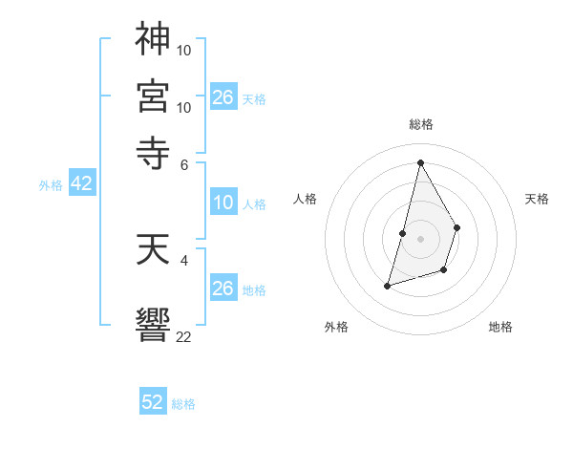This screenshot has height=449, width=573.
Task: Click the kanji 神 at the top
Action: click(153, 40)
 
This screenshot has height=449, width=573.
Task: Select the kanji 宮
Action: click(153, 96)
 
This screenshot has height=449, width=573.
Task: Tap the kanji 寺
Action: click(153, 151)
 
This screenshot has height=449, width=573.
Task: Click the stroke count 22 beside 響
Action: click(184, 335)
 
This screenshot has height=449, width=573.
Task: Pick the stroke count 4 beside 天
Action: click(184, 260)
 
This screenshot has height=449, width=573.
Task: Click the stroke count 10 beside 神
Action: click(184, 49)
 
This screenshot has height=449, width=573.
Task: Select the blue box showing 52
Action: click(153, 402)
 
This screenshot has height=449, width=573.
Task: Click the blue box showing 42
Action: click(81, 184)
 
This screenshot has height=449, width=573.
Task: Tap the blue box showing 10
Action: click(223, 203)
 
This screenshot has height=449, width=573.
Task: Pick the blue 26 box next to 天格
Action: click(223, 96)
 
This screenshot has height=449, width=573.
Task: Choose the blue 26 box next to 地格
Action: click(223, 289)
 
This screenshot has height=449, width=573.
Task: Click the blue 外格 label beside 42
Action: click(51, 185)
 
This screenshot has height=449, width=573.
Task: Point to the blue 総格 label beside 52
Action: click(183, 404)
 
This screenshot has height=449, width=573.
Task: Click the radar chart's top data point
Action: click(420, 162)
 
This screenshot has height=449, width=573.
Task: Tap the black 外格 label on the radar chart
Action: click(337, 327)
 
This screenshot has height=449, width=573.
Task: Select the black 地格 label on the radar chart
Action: click(500, 327)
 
